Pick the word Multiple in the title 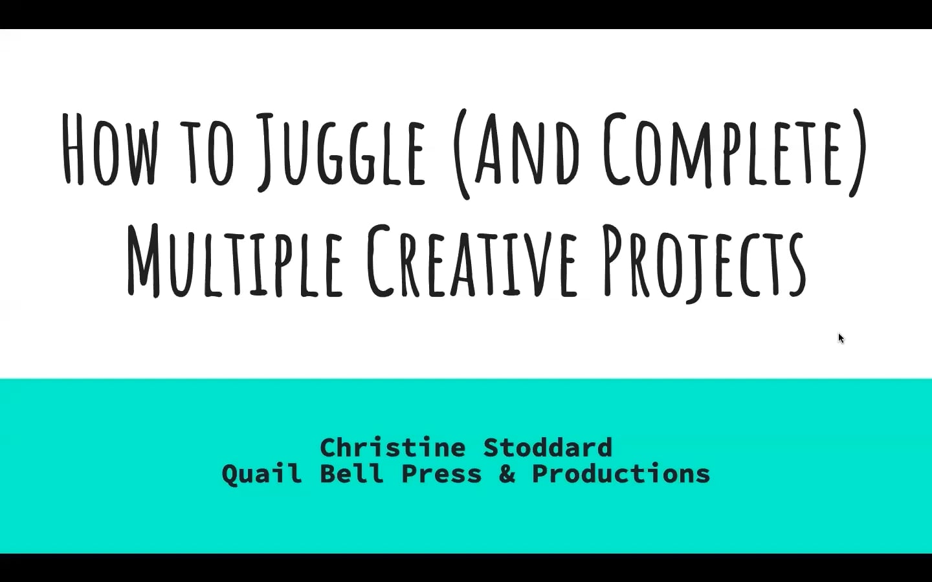click(234, 260)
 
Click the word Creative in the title click(471, 260)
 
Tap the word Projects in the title click(704, 262)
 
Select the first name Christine click(392, 447)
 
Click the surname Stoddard click(548, 447)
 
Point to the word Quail click(261, 474)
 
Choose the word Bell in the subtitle click(351, 474)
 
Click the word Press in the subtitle click(441, 474)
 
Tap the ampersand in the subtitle click(507, 474)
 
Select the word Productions click(621, 474)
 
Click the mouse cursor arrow click(841, 338)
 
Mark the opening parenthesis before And click(460, 154)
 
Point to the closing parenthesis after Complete click(860, 153)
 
